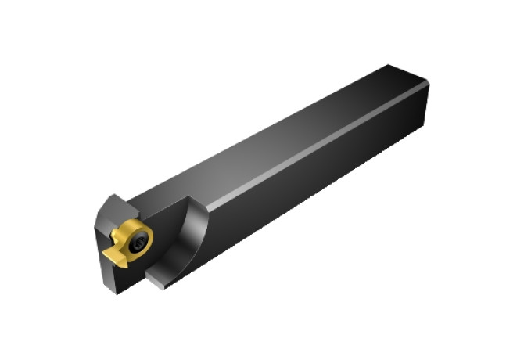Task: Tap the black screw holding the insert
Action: click(138, 242)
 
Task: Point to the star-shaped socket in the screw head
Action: click(138, 243)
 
